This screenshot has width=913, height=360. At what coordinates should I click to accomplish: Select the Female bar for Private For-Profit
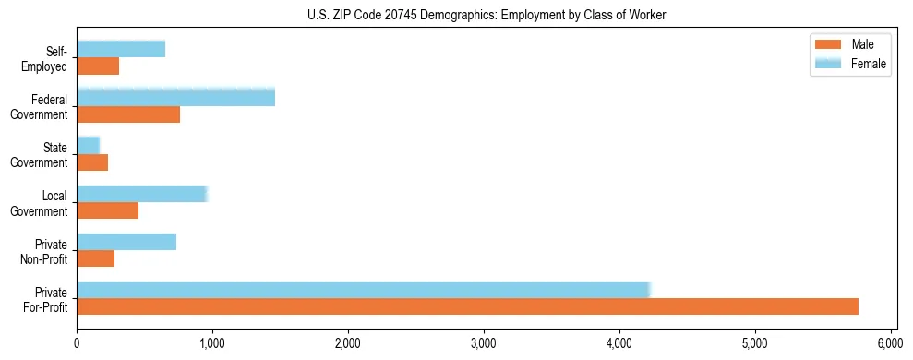click(x=364, y=289)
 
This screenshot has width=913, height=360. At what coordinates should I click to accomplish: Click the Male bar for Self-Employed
click(x=98, y=66)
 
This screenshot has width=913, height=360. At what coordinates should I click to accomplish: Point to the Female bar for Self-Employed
click(x=121, y=49)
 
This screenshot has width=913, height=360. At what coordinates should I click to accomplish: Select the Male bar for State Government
click(x=92, y=162)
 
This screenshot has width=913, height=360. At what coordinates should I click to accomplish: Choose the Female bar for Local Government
click(x=142, y=193)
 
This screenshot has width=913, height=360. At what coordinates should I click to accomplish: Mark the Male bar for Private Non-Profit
click(x=96, y=258)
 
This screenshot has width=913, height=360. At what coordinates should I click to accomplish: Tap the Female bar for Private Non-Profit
click(x=126, y=241)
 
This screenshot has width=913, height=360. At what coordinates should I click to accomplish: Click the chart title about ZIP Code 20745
click(x=487, y=15)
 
